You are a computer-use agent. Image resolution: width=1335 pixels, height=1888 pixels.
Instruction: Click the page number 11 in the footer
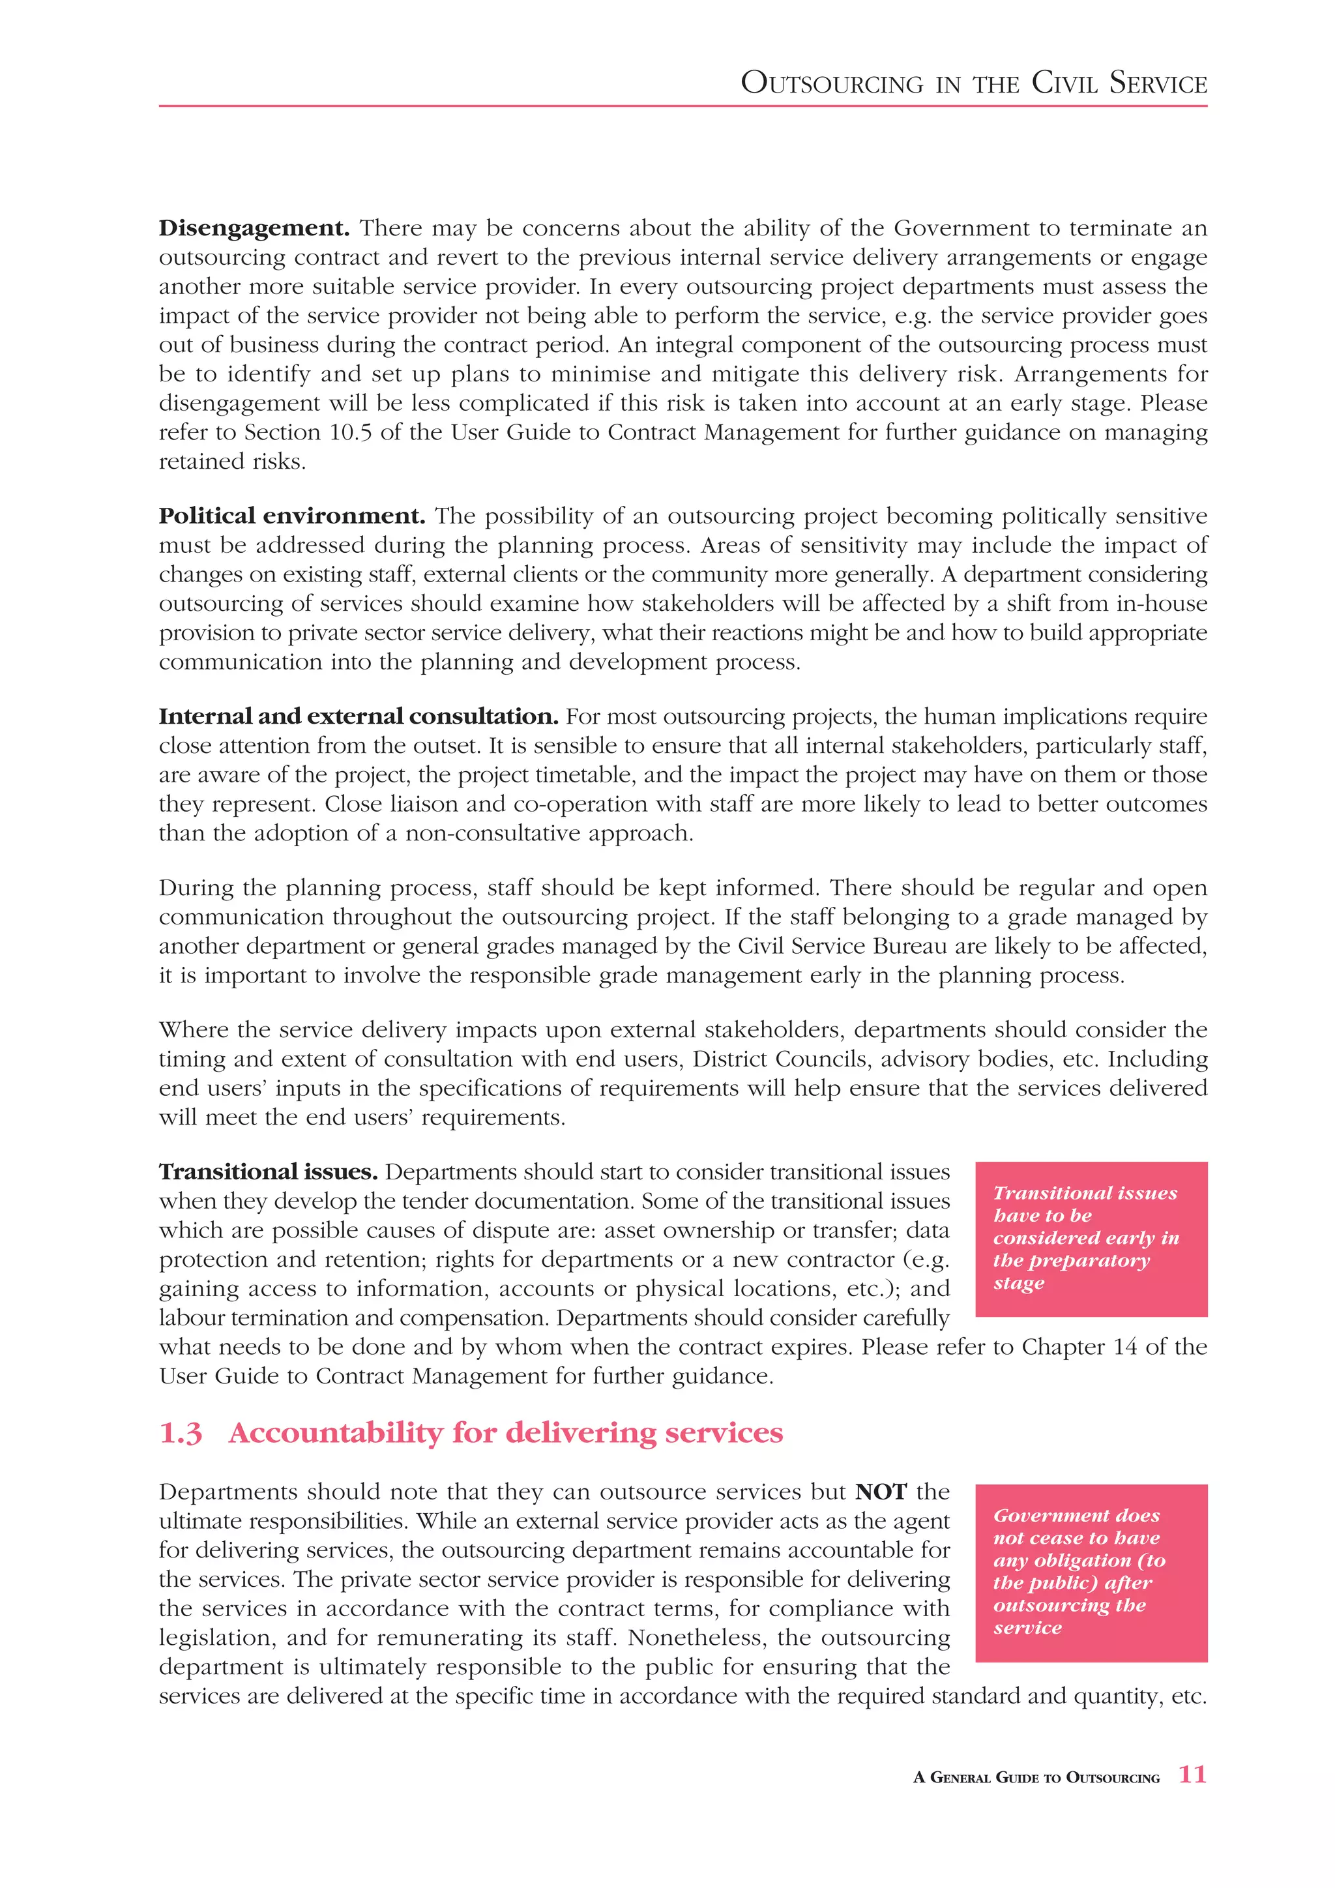tap(1192, 1775)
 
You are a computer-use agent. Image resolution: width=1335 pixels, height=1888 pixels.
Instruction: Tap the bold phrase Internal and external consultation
tap(359, 717)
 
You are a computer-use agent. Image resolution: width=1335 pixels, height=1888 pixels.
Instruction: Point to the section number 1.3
tap(180, 1433)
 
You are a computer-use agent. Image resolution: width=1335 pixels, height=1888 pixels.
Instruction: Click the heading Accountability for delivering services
tap(506, 1433)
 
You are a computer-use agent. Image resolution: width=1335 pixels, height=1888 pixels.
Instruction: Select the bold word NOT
tap(881, 1492)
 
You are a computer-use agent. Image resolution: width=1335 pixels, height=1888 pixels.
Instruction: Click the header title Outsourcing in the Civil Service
tap(973, 83)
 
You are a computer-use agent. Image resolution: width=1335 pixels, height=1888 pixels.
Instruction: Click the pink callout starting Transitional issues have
tap(1091, 1239)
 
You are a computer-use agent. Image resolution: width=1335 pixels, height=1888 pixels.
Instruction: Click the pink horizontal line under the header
tap(682, 106)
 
